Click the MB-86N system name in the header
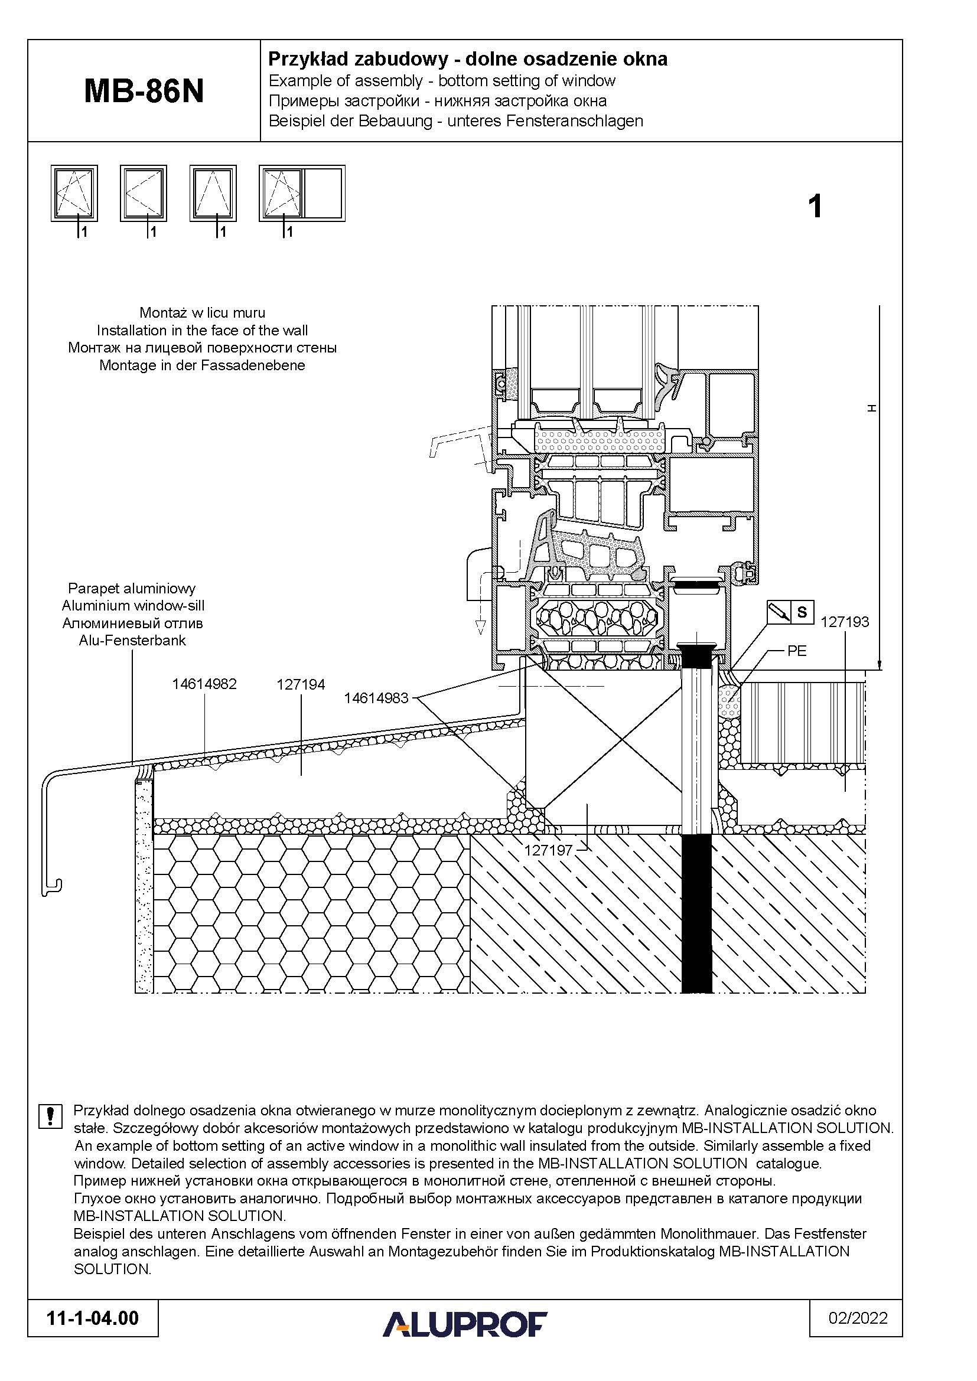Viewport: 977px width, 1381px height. pos(144,92)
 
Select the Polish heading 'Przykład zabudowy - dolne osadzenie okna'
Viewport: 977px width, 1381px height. pos(467,59)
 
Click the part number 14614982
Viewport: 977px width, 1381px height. pos(204,684)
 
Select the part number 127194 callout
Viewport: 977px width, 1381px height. pos(301,684)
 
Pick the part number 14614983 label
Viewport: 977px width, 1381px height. pos(376,698)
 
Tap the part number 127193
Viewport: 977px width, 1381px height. pos(845,622)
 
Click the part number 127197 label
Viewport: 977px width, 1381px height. pos(549,850)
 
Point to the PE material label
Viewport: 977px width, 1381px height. pos(796,651)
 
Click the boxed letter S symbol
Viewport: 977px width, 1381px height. pos(802,612)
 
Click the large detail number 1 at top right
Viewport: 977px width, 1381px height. pos(815,207)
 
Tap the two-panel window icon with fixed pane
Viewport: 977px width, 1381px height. pos(302,193)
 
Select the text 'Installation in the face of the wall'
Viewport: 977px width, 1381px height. pos(202,330)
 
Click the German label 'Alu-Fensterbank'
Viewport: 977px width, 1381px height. pos(132,641)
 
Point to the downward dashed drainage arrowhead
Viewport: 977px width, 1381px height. pos(480,628)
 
